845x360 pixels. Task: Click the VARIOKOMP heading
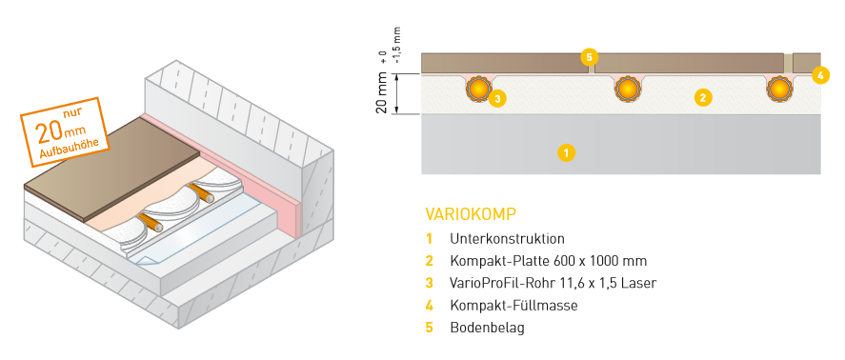471,213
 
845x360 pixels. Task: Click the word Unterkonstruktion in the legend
507,238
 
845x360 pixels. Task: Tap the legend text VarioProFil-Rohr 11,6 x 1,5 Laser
553,283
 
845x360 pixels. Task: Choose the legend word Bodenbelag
487,328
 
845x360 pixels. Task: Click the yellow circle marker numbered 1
566,151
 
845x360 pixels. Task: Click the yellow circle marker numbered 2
702,96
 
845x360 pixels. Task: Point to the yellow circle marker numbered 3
497,96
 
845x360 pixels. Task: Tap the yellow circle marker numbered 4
819,74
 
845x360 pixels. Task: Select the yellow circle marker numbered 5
590,58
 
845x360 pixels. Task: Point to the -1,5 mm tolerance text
397,50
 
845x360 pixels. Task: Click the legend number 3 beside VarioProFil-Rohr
430,283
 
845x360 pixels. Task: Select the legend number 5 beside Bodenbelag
430,328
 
